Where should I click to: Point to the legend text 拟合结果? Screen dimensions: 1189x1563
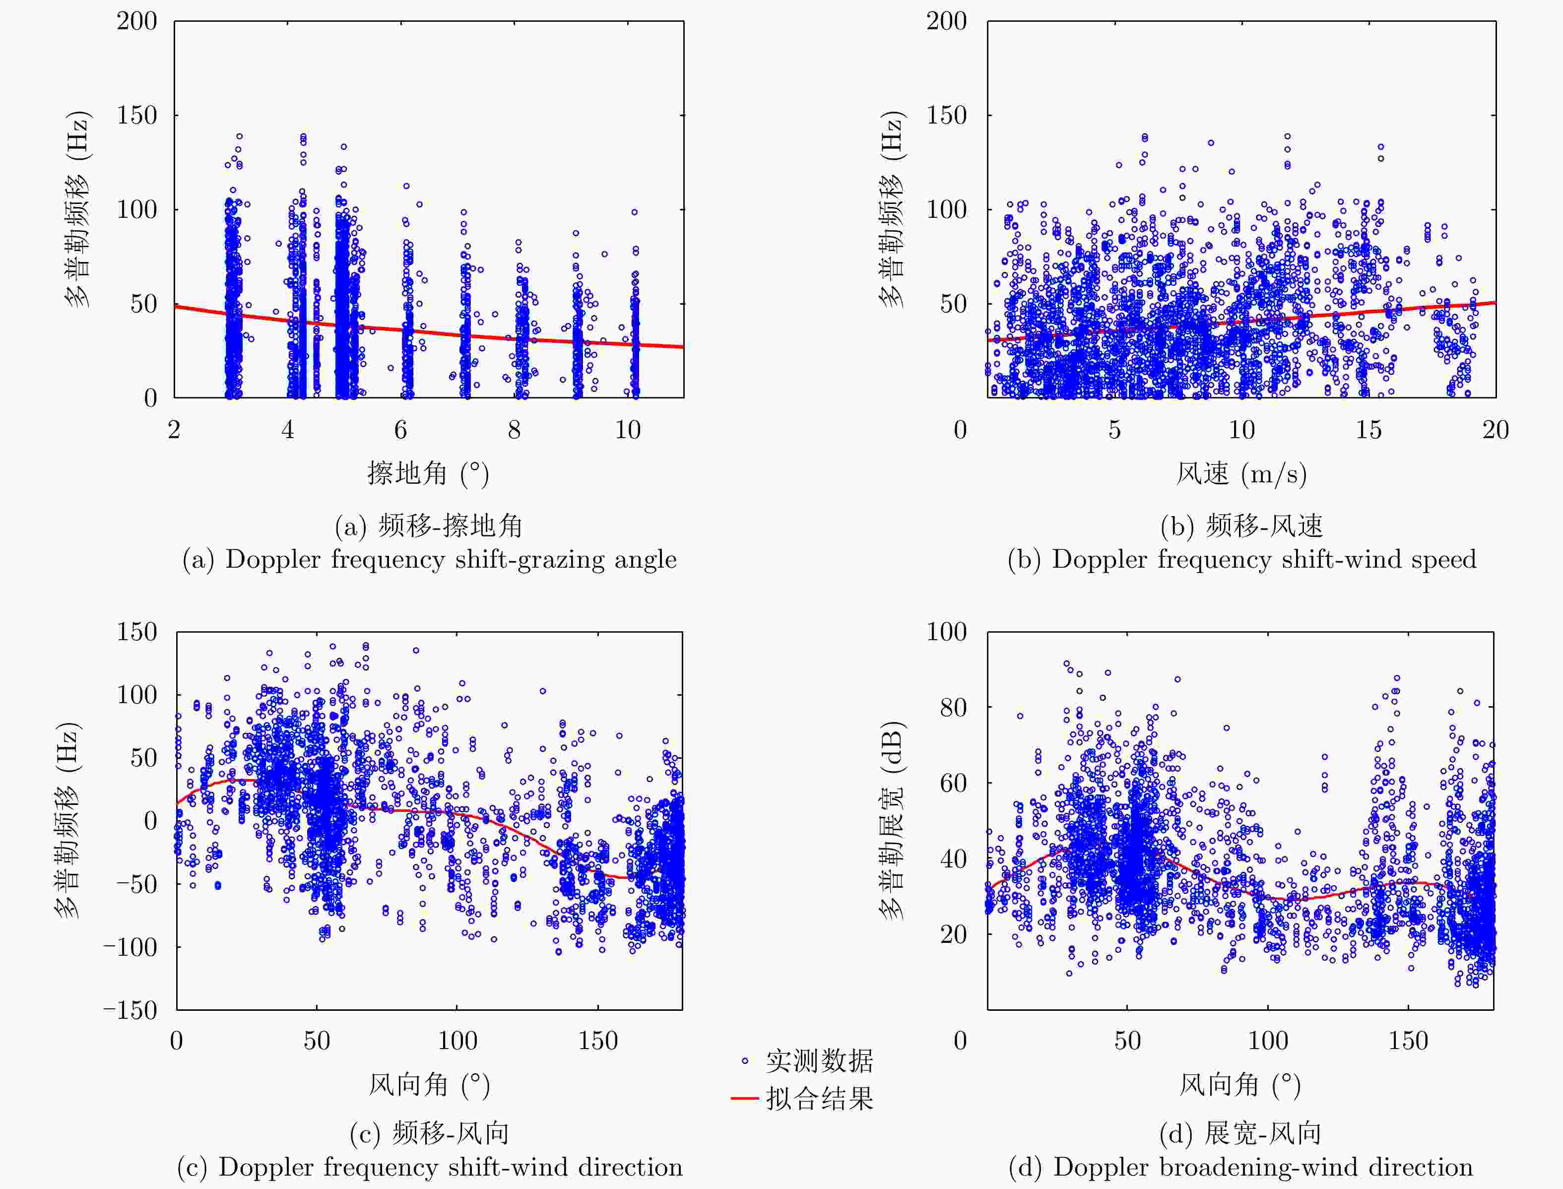[819, 1098]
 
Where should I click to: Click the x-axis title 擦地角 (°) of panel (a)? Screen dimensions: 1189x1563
[428, 473]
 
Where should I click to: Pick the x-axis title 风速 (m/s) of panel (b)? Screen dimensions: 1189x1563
[1241, 473]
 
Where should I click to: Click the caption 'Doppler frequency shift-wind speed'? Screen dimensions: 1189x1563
[1242, 560]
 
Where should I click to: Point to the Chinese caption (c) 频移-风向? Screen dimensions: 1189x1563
[430, 1133]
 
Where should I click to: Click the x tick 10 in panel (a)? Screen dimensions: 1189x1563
[628, 430]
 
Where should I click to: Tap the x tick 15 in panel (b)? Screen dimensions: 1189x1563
[1368, 430]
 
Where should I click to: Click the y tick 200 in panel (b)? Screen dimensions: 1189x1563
[946, 21]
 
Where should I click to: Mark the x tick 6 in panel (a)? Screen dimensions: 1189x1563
[400, 430]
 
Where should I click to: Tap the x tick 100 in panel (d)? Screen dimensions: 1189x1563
[1267, 1040]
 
